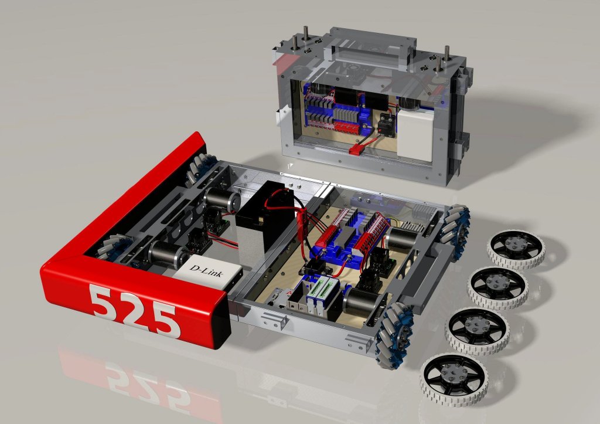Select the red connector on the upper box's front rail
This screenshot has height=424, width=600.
(355, 151)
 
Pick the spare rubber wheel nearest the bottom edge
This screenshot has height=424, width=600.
(453, 378)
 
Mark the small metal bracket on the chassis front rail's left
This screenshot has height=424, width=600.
(274, 319)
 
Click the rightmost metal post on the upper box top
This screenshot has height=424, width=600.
(446, 53)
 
